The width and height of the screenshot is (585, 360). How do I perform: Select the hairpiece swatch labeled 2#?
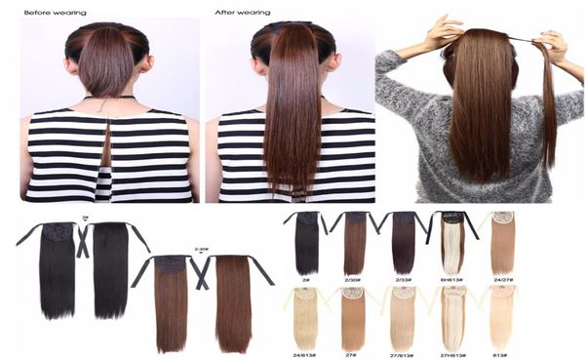pos(307,244)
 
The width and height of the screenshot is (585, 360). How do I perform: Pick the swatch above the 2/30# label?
pos(356,244)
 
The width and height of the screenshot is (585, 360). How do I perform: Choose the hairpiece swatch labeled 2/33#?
pos(404,244)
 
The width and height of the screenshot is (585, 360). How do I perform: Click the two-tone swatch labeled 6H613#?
pos(452,244)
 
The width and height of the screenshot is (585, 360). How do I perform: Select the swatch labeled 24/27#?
pos(503,244)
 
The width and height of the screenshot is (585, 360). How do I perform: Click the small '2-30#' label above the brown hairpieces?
pos(203,250)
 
